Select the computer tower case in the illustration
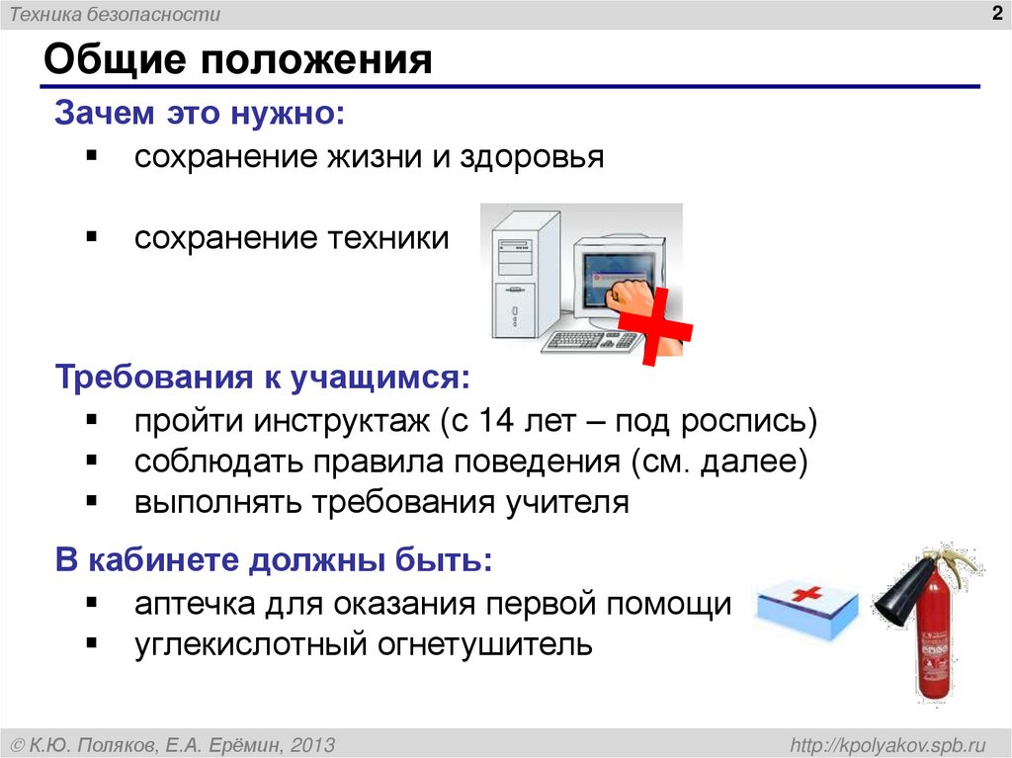516,277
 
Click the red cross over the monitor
655,327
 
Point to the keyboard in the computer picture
591,341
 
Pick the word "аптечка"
195,603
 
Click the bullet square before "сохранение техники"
91,236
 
